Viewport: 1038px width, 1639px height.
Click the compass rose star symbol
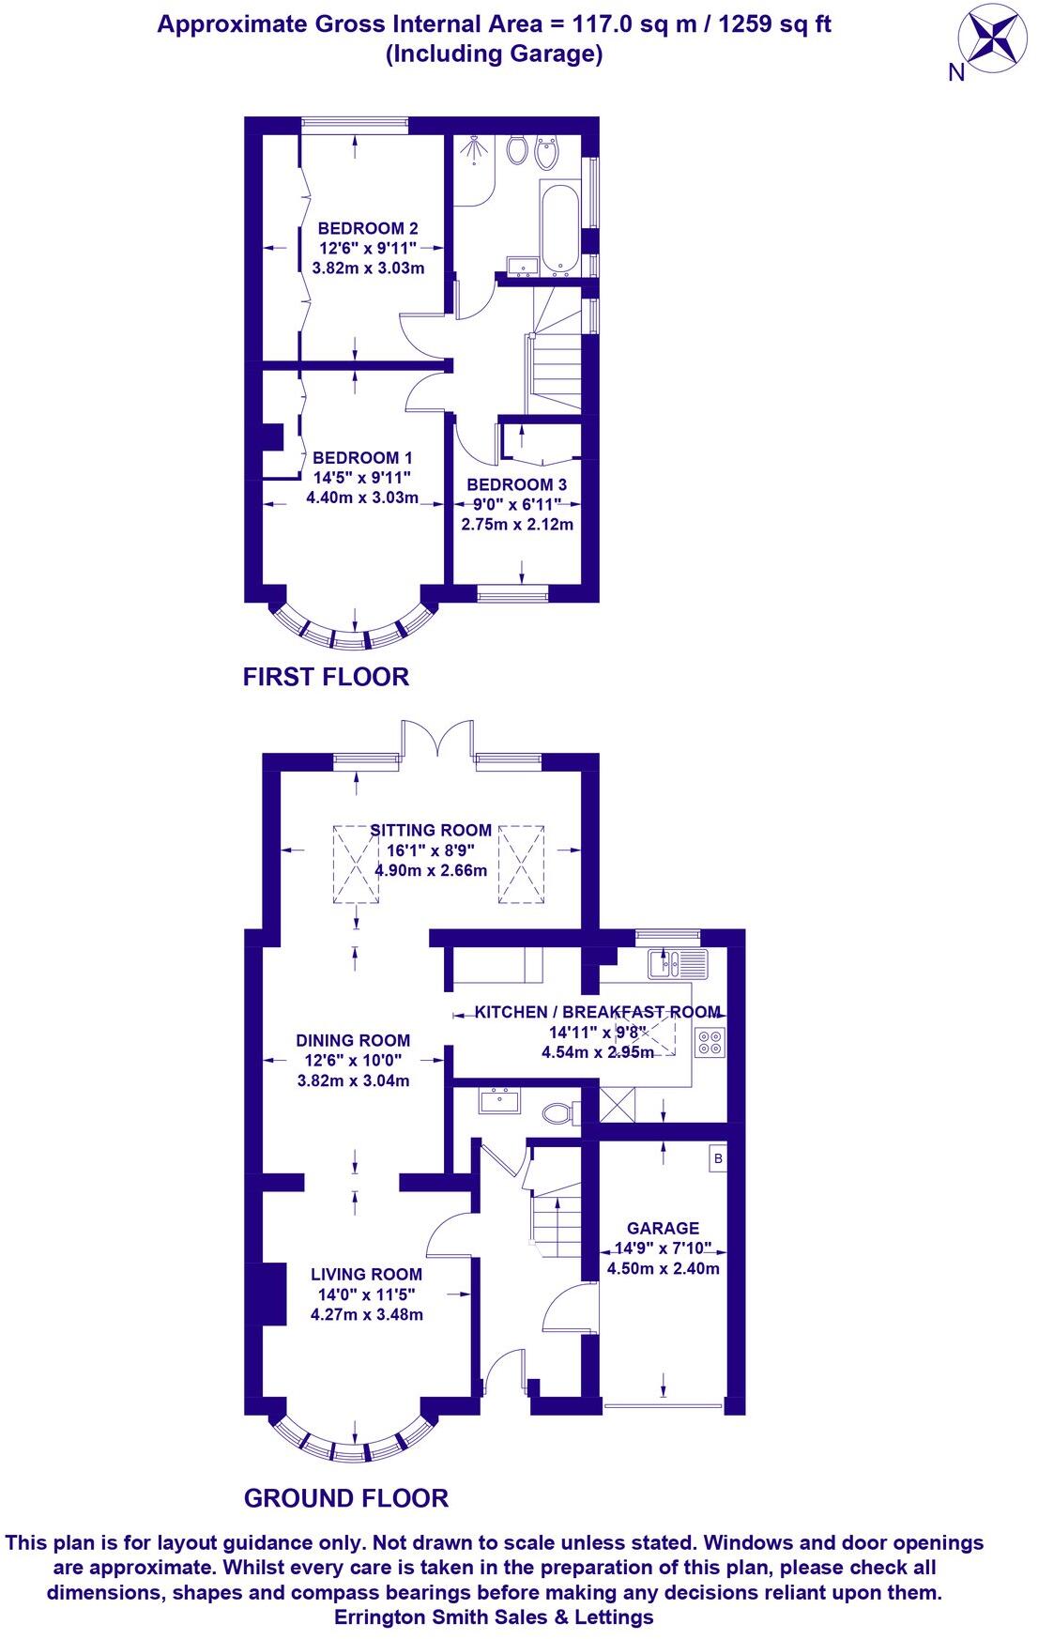click(992, 38)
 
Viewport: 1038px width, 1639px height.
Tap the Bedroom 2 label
click(368, 228)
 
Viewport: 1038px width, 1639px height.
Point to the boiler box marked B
click(718, 1159)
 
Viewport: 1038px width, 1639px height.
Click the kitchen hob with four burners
click(710, 1042)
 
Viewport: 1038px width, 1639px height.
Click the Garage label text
click(663, 1228)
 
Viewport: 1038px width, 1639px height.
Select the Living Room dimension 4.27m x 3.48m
click(367, 1314)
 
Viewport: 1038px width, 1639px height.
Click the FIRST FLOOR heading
click(326, 676)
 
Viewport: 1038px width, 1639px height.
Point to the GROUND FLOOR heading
click(345, 1498)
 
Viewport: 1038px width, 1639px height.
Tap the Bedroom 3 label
click(516, 484)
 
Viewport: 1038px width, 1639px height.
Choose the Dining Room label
click(353, 1040)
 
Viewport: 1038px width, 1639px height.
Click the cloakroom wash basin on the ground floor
click(499, 1100)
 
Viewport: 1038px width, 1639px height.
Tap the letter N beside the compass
click(956, 73)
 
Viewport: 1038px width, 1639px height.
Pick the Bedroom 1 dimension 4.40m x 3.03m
click(362, 498)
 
